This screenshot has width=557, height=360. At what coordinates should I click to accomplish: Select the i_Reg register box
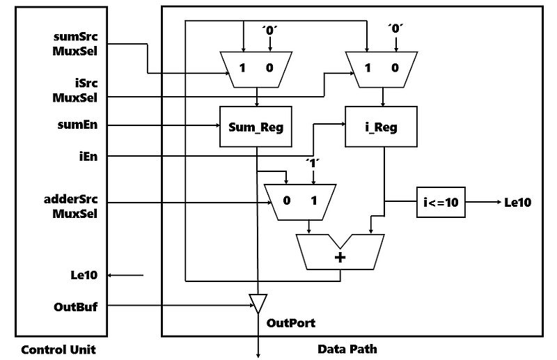[x=381, y=127]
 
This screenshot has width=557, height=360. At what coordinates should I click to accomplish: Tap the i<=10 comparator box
[x=441, y=203]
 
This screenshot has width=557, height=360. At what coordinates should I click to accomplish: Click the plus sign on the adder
[x=340, y=257]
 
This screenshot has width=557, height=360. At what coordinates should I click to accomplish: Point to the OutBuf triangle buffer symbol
[x=258, y=304]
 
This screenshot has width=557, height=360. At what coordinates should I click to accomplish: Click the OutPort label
[x=291, y=323]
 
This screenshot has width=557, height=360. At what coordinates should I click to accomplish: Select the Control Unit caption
[x=58, y=349]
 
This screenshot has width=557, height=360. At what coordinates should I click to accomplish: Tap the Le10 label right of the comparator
[x=517, y=203]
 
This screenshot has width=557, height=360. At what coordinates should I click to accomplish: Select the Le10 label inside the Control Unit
[x=84, y=276]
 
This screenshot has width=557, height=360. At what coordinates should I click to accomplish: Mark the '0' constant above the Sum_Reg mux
[x=269, y=29]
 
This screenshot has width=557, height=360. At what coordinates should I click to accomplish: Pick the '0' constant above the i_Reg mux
[x=395, y=29]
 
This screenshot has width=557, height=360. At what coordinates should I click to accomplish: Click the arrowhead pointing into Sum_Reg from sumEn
[x=215, y=126]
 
